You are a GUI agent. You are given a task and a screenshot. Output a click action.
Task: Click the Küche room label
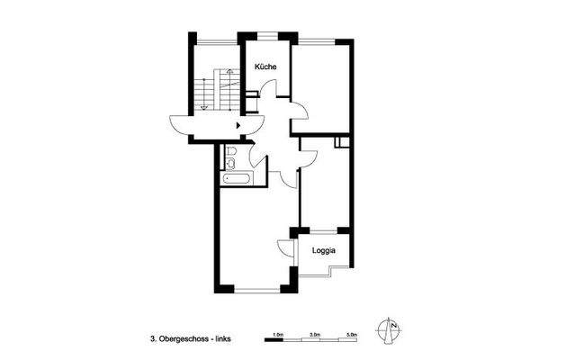tap(265, 68)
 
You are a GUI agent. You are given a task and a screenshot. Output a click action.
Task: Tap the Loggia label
tap(325, 251)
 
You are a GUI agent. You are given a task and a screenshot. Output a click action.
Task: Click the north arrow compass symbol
tap(391, 331)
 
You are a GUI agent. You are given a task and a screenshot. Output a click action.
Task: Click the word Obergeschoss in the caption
tap(186, 338)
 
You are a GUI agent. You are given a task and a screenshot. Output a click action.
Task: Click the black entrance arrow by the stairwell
tap(238, 126)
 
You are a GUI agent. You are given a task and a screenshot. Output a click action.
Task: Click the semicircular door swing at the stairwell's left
tap(179, 125)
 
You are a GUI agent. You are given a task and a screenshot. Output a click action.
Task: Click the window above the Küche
tap(265, 36)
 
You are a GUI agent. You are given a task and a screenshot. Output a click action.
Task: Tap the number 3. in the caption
tap(154, 338)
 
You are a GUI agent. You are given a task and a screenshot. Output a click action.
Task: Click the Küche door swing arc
tap(262, 90)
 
